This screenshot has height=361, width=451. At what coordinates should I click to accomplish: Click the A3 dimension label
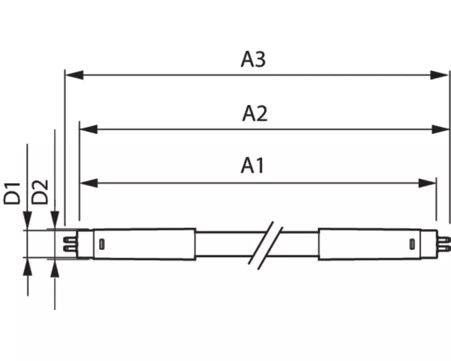[253, 60]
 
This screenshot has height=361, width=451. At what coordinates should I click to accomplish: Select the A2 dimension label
[255, 113]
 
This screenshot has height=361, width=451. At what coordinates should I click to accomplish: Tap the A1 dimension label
[253, 166]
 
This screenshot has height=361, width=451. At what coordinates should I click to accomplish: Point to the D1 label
[12, 193]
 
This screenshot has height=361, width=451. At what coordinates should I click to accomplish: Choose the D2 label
[40, 192]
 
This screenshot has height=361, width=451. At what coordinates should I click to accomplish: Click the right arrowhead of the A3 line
[439, 75]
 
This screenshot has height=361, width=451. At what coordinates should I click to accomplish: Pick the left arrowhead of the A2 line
[88, 129]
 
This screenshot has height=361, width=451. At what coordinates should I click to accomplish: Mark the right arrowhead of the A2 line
[440, 129]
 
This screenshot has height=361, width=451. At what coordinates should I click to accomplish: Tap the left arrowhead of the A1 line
[89, 183]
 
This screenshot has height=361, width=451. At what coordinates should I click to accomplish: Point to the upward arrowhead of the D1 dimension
[28, 267]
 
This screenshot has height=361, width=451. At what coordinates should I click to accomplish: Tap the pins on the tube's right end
[444, 244]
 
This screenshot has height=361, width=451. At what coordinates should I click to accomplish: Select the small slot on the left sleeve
[101, 244]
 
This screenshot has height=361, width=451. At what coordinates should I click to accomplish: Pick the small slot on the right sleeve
[412, 244]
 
